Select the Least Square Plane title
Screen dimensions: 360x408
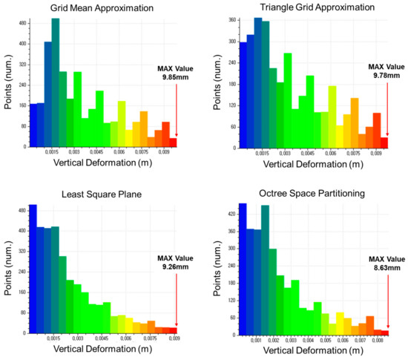click(x=102, y=194)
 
